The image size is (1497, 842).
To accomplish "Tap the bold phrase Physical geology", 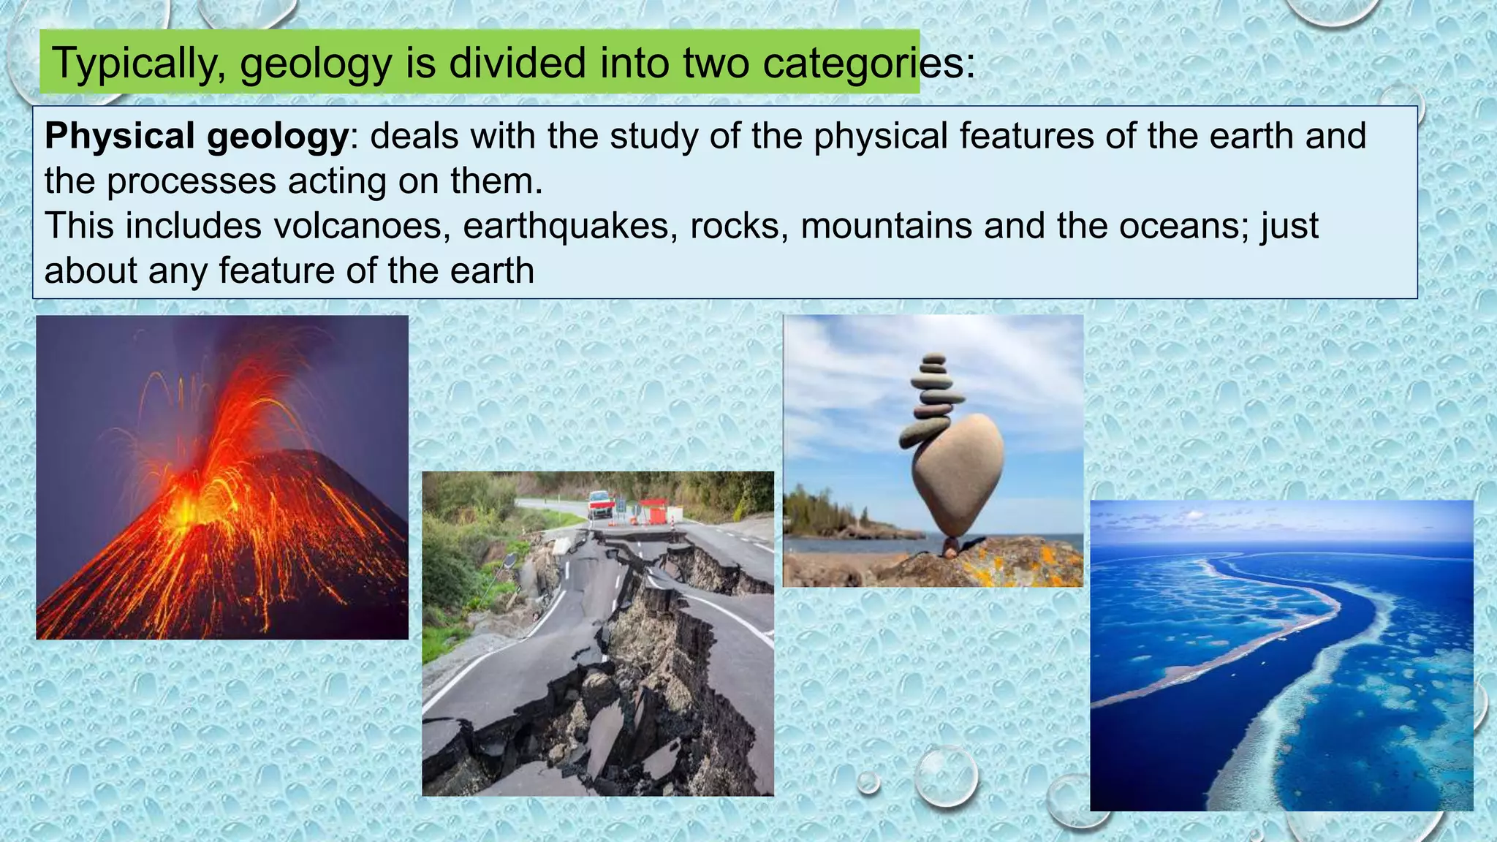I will pos(197,137).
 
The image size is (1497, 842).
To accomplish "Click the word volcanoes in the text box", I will pos(361,226).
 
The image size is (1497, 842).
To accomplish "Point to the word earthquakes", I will pos(566,226).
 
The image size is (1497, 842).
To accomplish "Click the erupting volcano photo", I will pos(222,477).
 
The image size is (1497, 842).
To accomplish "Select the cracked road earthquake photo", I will pos(597,633).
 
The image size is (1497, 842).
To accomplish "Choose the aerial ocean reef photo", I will pos(1281,655).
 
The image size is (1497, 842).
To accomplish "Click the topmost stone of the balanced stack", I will pos(933,359).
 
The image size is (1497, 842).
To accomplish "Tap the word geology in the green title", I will pos(316,64).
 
